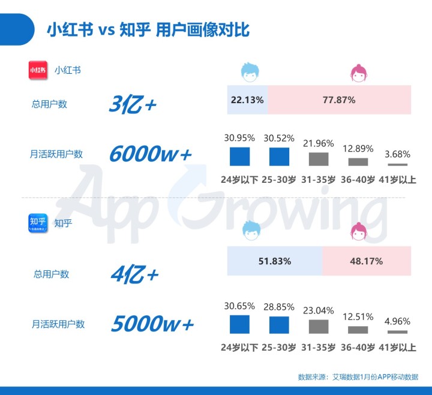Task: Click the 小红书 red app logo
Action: tap(37, 70)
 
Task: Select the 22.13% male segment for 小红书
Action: tap(247, 100)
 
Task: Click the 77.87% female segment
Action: tap(339, 100)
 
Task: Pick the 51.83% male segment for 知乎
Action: tap(275, 261)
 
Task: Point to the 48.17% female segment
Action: tap(367, 261)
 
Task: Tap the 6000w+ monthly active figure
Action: tap(151, 154)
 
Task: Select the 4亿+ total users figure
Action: tap(134, 275)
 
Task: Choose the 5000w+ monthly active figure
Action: tap(152, 324)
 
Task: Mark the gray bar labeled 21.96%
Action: tap(319, 159)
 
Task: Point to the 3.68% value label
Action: tap(397, 154)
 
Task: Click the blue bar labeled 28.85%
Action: tap(279, 325)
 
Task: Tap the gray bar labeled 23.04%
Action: tap(319, 327)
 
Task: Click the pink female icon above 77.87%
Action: tap(359, 73)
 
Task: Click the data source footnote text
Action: tap(358, 377)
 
